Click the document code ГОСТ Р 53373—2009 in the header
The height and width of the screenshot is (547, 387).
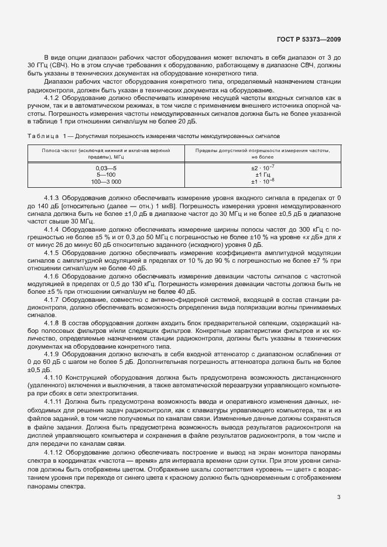click(309, 39)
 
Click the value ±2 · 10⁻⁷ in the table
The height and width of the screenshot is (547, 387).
click(262, 168)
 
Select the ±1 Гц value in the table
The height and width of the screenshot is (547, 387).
click(262, 174)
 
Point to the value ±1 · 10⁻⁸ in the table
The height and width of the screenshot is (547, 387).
click(262, 181)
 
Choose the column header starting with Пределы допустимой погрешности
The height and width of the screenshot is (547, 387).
click(262, 154)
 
